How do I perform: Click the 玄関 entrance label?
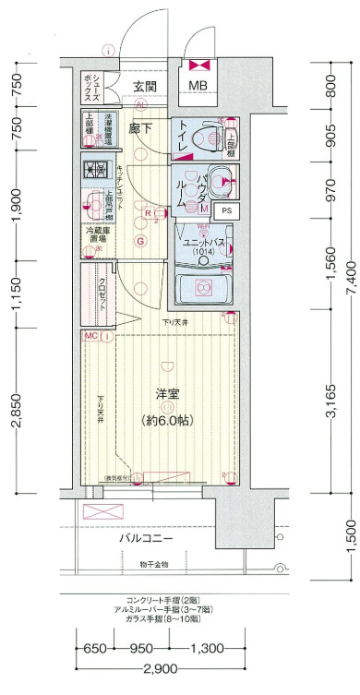pyautogui.click(x=143, y=88)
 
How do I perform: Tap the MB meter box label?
pyautogui.click(x=198, y=88)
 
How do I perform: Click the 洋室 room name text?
pyautogui.click(x=169, y=394)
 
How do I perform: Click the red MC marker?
pyautogui.click(x=91, y=336)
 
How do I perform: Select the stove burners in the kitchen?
pyautogui.click(x=97, y=169)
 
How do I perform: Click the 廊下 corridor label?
pyautogui.click(x=141, y=128)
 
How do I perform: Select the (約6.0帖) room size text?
pyautogui.click(x=169, y=420)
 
